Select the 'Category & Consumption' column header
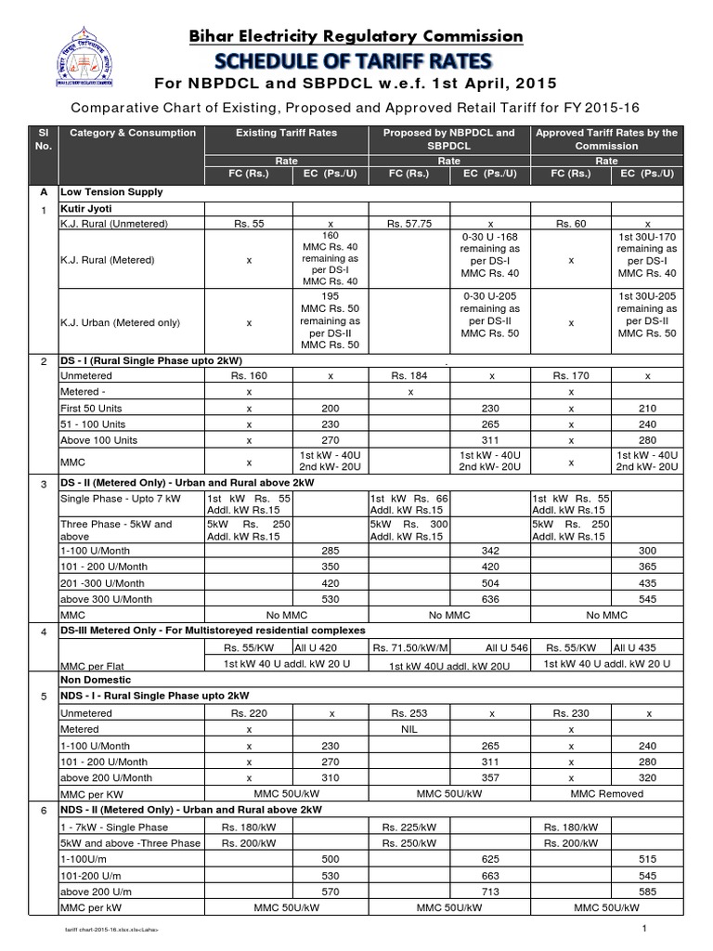[x=133, y=133]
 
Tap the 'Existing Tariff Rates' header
[x=286, y=133]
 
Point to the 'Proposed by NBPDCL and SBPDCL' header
[x=449, y=139]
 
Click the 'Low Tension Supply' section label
[x=110, y=192]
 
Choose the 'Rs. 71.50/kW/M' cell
[x=409, y=648]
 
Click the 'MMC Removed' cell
[x=607, y=794]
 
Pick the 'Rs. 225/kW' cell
[x=409, y=827]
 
